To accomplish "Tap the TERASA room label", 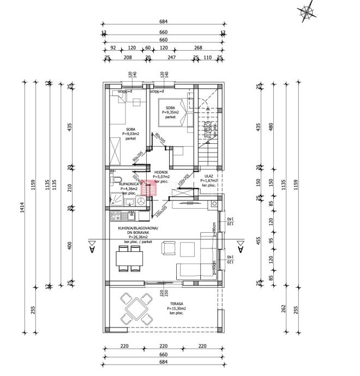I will [x=176, y=304].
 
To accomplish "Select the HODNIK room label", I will [x=161, y=172].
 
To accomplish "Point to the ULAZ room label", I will [x=208, y=176].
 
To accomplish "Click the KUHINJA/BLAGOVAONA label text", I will [x=138, y=228].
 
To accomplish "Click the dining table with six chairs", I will [x=130, y=258].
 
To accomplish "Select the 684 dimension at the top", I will [x=164, y=22].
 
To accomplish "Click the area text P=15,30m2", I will [x=176, y=308].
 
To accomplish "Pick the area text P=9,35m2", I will [x=171, y=112].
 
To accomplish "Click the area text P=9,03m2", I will [x=130, y=134].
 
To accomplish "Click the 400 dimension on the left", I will [x=69, y=246].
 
